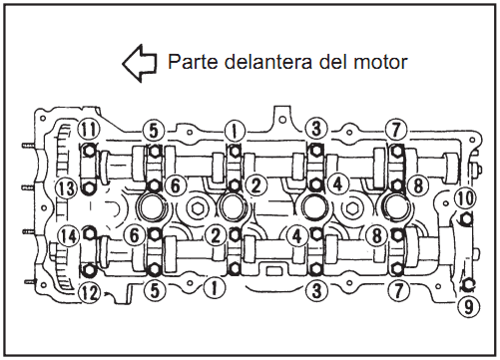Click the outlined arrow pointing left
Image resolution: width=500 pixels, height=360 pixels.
click(140, 63)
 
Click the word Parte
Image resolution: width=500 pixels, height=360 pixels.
click(192, 62)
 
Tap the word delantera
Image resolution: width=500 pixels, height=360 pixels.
click(267, 62)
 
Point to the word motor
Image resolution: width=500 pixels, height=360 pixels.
click(380, 62)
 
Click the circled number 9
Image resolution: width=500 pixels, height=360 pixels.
click(468, 306)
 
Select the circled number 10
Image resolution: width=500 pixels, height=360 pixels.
click(466, 197)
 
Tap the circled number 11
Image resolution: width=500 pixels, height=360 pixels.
click(89, 129)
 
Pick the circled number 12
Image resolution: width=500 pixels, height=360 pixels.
click(90, 293)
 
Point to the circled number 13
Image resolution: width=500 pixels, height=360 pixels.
click(67, 188)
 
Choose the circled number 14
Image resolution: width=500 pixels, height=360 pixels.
click(68, 236)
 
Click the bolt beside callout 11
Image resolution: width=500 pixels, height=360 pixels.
click(89, 151)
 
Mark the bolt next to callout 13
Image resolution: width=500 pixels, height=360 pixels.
click(89, 188)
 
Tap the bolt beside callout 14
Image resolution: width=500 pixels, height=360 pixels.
click(89, 233)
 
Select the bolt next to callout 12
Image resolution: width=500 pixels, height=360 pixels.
click(89, 270)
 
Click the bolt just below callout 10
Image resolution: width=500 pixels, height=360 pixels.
click(466, 218)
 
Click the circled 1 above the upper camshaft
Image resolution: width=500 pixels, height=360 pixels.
click(235, 131)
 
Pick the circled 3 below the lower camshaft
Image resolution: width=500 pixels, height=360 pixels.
click(316, 290)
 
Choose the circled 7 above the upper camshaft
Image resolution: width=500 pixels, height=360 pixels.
click(396, 129)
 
